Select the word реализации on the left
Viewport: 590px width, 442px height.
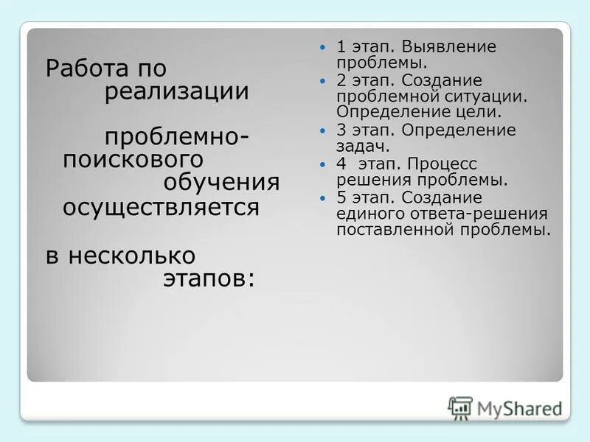[176, 93]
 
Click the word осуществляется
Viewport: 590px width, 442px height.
[161, 207]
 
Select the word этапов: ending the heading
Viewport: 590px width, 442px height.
[208, 278]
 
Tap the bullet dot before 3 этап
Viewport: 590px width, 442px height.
[322, 130]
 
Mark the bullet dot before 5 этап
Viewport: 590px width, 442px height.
[322, 198]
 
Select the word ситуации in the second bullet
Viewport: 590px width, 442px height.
[494, 97]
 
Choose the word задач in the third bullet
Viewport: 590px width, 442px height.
[362, 147]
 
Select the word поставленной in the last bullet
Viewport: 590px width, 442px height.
[383, 230]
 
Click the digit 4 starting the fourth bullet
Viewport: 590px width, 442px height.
[341, 164]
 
